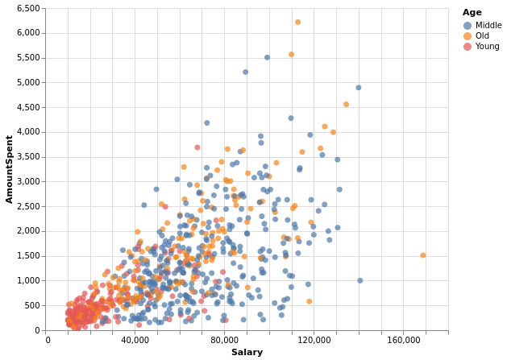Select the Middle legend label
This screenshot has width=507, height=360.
click(488, 25)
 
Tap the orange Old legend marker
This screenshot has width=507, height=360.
click(467, 36)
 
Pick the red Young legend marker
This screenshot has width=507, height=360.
click(467, 47)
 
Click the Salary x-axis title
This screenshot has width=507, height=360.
click(247, 352)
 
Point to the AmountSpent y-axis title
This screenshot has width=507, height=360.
click(10, 169)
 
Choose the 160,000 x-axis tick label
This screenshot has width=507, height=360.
click(403, 341)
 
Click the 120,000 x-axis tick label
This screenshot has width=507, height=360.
click(314, 341)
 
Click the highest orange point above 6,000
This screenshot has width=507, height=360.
click(297, 23)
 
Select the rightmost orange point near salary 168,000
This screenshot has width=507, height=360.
click(422, 255)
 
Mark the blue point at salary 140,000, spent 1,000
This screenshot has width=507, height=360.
click(359, 281)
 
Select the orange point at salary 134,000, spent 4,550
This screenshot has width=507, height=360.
click(346, 105)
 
